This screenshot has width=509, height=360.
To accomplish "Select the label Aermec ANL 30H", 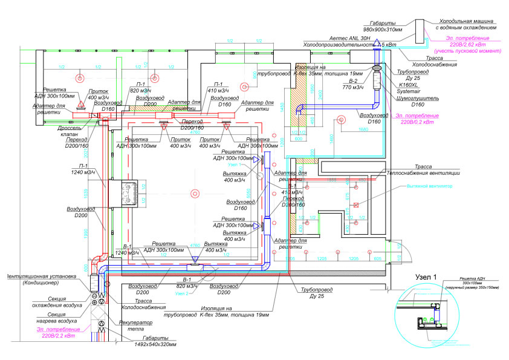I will (x=350, y=37).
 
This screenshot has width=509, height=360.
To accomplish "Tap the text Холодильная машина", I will (x=465, y=19).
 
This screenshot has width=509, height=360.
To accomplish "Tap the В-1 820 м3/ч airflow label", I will (x=184, y=282).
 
